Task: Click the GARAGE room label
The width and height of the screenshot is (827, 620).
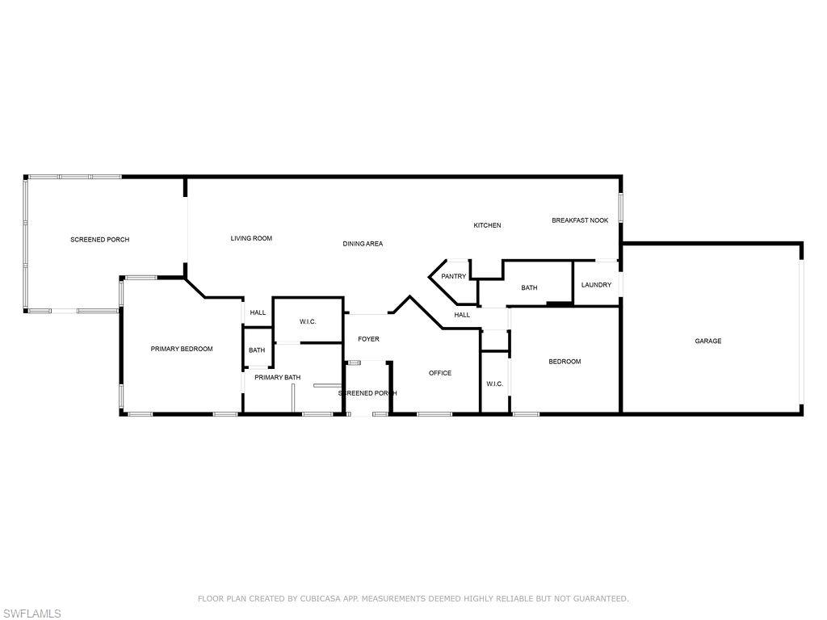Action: click(x=708, y=341)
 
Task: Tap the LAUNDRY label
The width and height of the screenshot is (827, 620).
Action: click(x=596, y=285)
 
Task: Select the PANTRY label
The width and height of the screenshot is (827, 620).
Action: click(x=453, y=276)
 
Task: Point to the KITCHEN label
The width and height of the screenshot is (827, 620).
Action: click(x=487, y=225)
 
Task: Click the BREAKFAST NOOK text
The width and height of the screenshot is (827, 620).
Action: click(x=580, y=220)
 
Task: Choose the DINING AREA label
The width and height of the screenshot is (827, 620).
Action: click(x=363, y=243)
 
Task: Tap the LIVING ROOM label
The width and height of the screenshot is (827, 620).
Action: click(x=251, y=238)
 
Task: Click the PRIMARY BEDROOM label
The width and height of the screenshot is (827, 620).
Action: click(x=182, y=349)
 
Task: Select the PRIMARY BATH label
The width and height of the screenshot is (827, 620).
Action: click(x=277, y=377)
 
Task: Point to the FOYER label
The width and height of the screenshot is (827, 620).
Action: click(x=368, y=339)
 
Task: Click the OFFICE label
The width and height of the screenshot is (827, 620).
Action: click(x=440, y=373)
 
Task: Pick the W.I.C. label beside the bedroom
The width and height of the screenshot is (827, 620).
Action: click(x=495, y=383)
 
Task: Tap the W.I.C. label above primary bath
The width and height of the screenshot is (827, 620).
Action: click(x=308, y=321)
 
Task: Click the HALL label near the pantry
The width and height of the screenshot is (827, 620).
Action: click(x=462, y=315)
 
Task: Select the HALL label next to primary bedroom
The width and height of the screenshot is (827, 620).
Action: click(x=258, y=312)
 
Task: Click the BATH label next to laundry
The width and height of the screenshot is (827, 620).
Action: click(x=529, y=287)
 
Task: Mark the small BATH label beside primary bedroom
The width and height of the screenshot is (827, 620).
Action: click(x=257, y=350)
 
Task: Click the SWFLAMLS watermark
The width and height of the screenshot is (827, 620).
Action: click(x=31, y=614)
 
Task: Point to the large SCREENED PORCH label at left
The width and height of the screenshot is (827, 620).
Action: click(x=99, y=240)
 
